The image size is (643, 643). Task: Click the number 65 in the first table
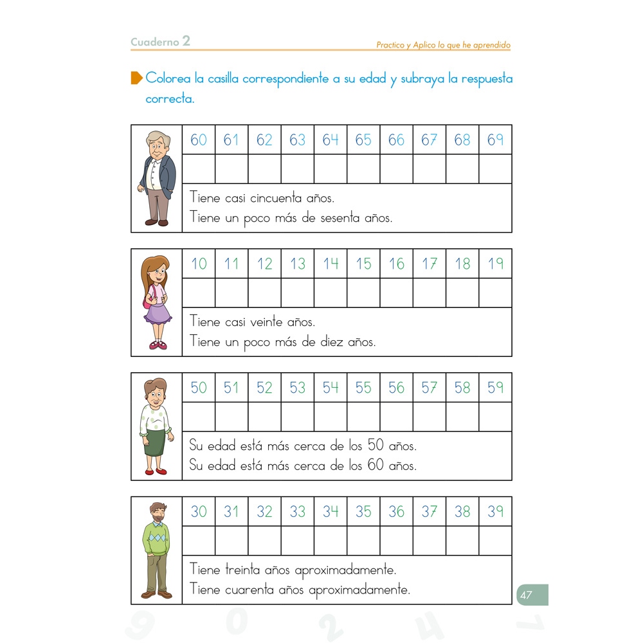point(363,140)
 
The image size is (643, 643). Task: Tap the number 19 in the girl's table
point(495,264)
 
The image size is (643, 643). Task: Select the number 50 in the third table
point(199,388)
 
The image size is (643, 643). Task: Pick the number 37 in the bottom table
point(429,512)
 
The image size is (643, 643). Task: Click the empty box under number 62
point(264,169)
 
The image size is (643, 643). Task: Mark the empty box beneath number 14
point(331,293)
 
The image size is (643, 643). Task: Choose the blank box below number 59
point(495,417)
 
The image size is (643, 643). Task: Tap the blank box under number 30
point(199,541)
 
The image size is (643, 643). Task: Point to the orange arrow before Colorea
point(136,78)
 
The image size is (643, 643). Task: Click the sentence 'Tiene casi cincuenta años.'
point(262,198)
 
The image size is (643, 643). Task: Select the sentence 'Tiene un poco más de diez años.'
point(283,342)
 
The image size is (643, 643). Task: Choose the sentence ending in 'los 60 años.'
point(303,466)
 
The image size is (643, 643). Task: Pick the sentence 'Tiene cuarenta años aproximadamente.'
point(300,590)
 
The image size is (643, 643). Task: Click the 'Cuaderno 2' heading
point(160,42)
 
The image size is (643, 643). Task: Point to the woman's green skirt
point(155,442)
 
